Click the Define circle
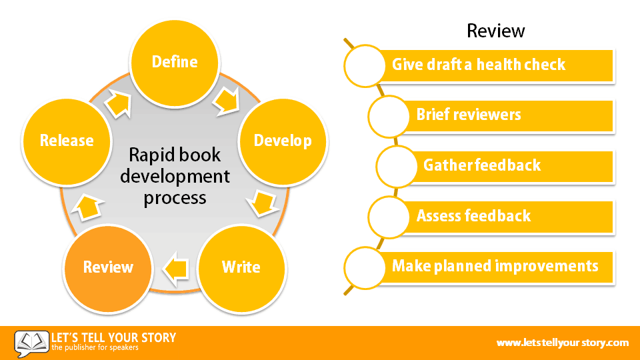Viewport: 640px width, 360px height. [175, 63]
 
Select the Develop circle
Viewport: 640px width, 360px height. [283, 141]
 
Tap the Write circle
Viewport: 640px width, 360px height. [241, 268]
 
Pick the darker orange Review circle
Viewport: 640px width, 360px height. [108, 268]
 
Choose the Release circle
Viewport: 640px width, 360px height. [67, 141]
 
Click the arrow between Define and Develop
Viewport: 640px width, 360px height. [226, 101]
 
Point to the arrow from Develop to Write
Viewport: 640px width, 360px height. [263, 203]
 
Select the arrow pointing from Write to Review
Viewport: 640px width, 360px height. [175, 269]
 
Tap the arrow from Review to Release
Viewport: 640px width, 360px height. [87, 207]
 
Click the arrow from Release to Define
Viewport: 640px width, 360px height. [119, 104]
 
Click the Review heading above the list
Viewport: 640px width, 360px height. [495, 31]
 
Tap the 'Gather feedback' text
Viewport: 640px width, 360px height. [482, 165]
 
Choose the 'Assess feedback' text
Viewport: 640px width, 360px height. [473, 215]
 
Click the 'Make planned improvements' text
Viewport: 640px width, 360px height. [495, 266]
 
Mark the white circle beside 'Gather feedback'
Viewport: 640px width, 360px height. [396, 167]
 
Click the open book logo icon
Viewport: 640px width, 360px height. [31, 343]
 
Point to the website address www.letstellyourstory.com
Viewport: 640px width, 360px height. [563, 343]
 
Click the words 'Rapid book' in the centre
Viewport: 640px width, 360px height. [175, 155]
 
